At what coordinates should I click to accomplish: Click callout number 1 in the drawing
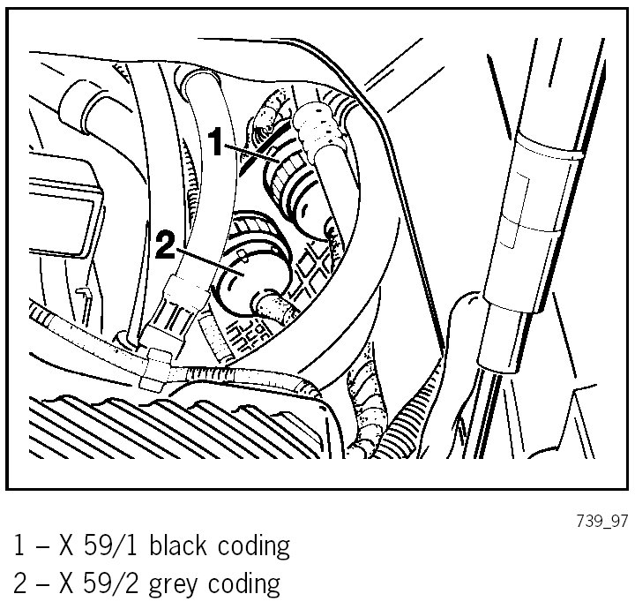(x=217, y=141)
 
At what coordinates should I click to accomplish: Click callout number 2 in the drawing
(x=165, y=244)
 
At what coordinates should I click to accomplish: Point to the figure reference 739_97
(x=603, y=522)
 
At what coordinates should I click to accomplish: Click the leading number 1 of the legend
(x=19, y=546)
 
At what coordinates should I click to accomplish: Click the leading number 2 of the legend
(x=19, y=583)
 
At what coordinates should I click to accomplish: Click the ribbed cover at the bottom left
(x=176, y=432)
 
